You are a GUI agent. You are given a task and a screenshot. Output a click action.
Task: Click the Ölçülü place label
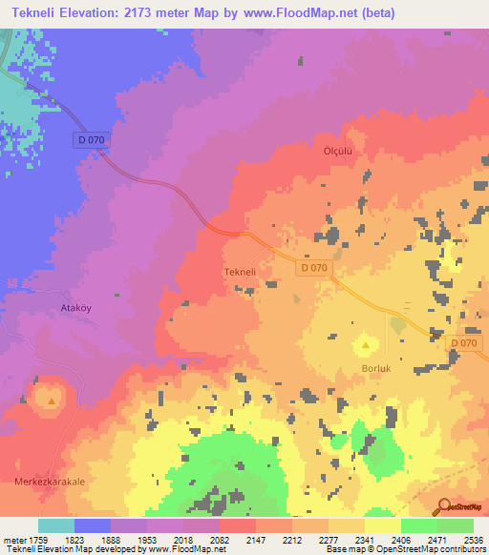point(338,152)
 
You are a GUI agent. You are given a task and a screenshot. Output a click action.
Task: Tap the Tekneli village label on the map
point(239,272)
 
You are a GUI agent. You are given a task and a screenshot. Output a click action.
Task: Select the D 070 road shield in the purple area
point(90,139)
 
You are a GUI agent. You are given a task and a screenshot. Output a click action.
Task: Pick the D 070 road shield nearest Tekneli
point(313,268)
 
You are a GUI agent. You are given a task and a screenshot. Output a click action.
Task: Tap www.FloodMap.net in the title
point(306,14)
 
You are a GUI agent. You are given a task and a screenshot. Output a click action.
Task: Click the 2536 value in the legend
point(473,539)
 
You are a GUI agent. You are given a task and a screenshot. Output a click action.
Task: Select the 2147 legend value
point(255,539)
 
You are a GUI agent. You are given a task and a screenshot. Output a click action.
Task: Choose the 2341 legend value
point(364,539)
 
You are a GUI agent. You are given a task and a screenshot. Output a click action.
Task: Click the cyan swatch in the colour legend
point(55,525)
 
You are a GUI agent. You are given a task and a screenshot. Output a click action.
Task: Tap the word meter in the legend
point(14,539)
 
